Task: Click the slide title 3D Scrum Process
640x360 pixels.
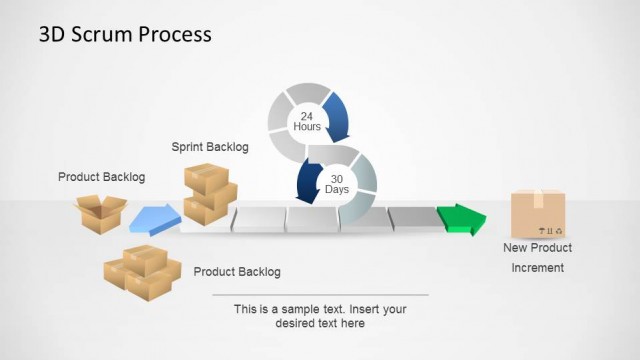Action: [x=125, y=34]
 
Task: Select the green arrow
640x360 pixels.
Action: [x=461, y=218]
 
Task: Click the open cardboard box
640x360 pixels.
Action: [x=101, y=213]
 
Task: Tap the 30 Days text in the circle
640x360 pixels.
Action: [x=337, y=183]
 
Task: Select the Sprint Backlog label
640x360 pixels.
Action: [x=210, y=147]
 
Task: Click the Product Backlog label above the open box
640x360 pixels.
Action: [x=101, y=177]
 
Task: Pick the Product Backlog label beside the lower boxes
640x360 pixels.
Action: [x=237, y=271]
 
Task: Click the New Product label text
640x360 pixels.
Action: [x=537, y=248]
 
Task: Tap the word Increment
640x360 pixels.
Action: [x=538, y=267]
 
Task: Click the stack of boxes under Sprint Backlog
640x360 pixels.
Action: [x=209, y=193]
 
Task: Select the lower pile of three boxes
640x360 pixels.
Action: [x=141, y=272]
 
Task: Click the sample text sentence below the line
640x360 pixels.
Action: [x=320, y=316]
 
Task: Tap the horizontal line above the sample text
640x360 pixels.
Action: [x=320, y=295]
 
